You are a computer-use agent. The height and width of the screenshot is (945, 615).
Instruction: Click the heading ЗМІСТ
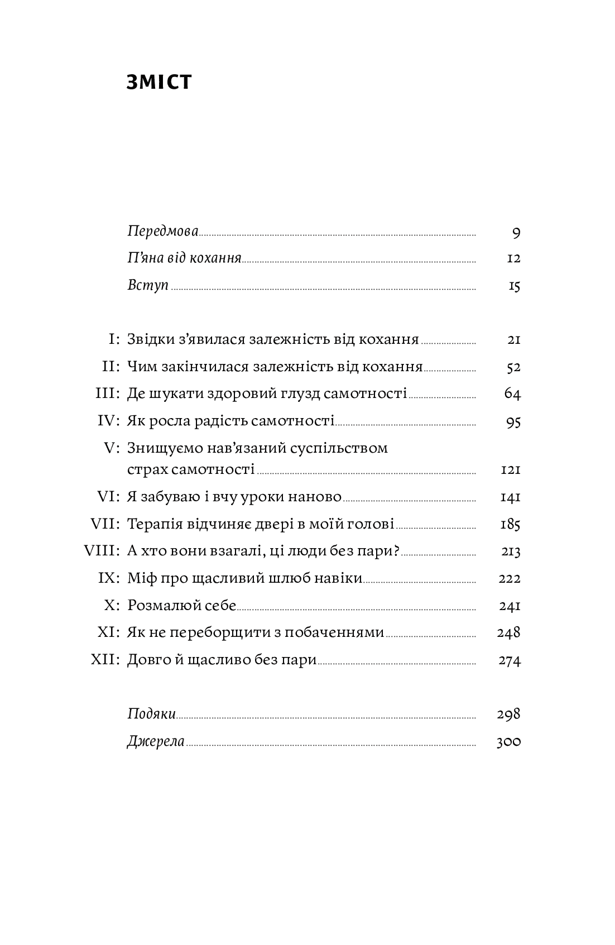159,82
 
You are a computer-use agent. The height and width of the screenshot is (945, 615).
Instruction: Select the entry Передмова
163,231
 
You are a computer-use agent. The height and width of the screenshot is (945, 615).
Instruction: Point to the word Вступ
148,285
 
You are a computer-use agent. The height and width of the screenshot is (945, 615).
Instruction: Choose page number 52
513,367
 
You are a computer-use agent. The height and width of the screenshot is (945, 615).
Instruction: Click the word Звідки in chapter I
151,339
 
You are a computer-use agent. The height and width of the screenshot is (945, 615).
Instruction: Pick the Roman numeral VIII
102,551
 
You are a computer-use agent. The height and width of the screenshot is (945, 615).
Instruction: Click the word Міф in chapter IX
138,578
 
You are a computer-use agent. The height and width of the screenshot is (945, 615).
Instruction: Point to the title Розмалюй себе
182,605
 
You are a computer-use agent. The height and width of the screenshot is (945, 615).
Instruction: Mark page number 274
510,660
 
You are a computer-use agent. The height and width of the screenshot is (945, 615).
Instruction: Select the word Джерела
156,742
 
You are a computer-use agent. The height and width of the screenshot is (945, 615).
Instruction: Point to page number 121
511,470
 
